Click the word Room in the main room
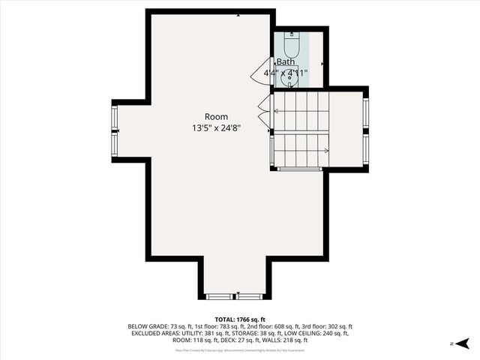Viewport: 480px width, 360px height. [x=217, y=116]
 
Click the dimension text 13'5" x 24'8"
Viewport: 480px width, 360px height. [x=217, y=128]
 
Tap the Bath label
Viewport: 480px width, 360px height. [x=286, y=61]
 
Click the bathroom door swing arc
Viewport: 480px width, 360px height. [x=264, y=73]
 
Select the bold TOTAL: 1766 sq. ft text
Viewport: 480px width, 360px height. [x=239, y=319]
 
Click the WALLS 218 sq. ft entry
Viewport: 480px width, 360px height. [x=277, y=340]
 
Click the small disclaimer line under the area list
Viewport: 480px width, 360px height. [x=239, y=349]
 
